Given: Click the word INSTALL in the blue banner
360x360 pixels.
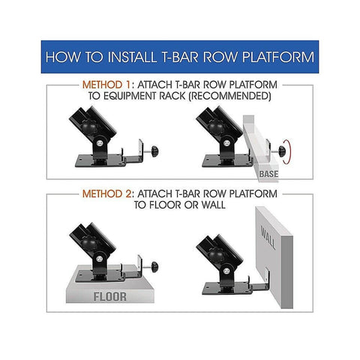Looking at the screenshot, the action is tap(132, 57).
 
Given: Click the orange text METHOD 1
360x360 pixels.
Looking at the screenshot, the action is tap(106, 85).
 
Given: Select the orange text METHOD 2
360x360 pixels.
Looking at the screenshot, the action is tap(106, 193).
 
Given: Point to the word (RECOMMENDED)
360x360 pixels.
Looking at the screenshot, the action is tap(229, 96).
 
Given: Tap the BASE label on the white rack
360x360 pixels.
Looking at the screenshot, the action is tap(268, 174).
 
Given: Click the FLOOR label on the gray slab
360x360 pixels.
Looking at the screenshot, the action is tap(109, 297).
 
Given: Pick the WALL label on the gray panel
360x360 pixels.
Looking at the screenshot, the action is tap(268, 238).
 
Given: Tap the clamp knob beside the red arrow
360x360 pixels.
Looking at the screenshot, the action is tap(282, 151).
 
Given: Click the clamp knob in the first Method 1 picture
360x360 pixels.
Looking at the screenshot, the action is tap(154, 151).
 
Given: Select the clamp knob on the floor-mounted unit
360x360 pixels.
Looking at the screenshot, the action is tap(154, 268).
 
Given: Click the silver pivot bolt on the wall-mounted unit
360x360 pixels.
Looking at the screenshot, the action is tap(226, 271).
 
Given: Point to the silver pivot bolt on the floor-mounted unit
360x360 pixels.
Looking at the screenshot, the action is tap(100, 259).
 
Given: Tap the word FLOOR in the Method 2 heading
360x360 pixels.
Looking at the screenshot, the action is tap(165, 205).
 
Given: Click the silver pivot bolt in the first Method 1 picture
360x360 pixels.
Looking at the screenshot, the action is tap(100, 143).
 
